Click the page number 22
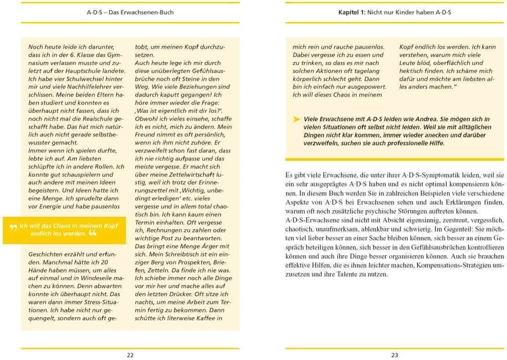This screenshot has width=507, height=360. click(x=130, y=355)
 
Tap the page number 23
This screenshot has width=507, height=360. click(x=394, y=355)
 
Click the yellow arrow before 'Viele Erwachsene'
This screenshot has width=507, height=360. click(x=297, y=119)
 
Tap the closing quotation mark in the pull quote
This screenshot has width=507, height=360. click(x=92, y=234)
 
